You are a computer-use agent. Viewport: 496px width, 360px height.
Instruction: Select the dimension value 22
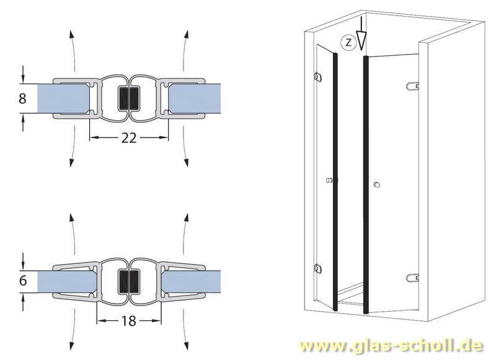pos(128,139)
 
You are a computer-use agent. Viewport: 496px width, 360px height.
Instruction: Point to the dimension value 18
pos(128,322)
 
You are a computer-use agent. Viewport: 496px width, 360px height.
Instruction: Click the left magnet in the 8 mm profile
pos(123,98)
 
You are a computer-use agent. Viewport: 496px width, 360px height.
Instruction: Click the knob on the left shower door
pos(330,181)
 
